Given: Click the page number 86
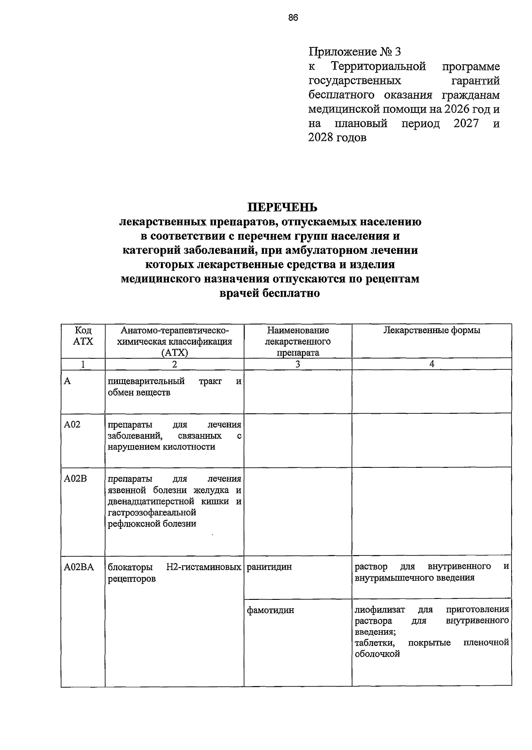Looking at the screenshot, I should pos(293,18).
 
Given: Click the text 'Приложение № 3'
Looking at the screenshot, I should pos(354,52).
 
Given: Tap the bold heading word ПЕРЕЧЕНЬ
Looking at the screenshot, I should pos(282,207).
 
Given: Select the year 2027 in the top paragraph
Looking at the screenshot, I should pos(466,124).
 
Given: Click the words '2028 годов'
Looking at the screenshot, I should pos(337,138).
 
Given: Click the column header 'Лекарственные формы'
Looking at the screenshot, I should pos(431,330).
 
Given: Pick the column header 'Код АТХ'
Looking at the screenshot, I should pos(83,336).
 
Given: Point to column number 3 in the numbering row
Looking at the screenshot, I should pos(297,364).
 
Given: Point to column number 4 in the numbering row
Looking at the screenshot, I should pos(431,364).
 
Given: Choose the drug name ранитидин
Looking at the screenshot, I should pos(269,567).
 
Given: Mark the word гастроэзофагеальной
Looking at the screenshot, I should pos(152,513).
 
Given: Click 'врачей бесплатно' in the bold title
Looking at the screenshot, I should pos(270,293).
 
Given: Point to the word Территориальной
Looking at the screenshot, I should pos(378,66).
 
